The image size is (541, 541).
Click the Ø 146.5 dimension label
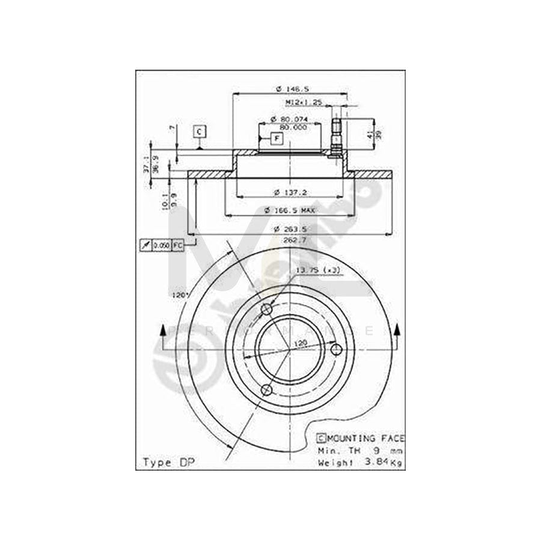[x=289, y=89]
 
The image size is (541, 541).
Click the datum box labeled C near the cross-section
[x=199, y=130]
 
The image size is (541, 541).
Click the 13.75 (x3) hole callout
[x=318, y=271]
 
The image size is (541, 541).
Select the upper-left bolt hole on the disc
[x=267, y=309]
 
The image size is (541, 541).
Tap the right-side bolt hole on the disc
[x=337, y=349]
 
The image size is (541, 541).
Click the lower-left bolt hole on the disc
[x=267, y=390]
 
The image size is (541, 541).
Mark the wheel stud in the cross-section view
[x=337, y=135]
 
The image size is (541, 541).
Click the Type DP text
[x=165, y=462]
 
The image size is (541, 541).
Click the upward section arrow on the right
[x=396, y=329]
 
